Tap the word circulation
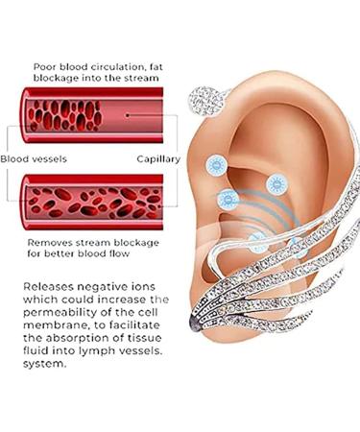129,56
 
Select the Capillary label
159,157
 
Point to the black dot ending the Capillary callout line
128,114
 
